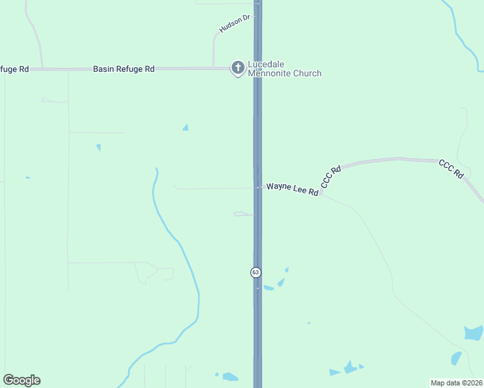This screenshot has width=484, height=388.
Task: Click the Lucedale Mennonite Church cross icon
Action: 238,67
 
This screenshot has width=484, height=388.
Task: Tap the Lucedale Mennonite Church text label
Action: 284,69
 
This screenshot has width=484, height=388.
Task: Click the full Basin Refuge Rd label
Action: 124,69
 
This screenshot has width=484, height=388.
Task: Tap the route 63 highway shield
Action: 256,272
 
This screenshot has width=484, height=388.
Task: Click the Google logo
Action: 21,380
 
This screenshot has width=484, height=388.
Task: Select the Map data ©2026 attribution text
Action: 457,383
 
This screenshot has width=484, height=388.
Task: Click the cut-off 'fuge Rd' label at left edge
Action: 14,69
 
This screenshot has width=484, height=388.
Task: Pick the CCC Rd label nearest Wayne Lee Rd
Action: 331,177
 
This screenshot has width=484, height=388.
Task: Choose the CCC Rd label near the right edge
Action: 451,169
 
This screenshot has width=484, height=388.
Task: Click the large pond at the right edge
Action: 474,333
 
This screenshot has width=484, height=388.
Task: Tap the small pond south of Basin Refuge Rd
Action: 186,127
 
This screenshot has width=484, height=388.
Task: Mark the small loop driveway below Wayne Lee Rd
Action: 243,214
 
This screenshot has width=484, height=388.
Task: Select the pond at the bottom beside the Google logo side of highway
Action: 230,376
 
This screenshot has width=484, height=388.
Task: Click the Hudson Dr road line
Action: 214,48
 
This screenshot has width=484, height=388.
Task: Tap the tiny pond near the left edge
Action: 28,177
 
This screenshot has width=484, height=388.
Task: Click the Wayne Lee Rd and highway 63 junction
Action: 258,188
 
